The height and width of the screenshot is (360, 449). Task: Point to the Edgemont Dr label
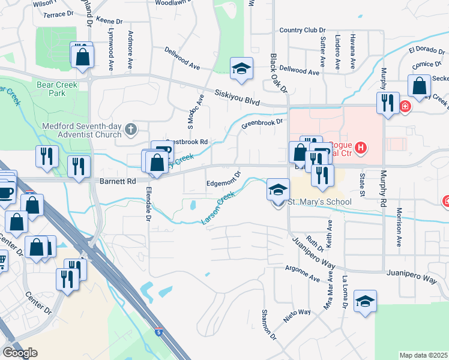(x=224, y=178)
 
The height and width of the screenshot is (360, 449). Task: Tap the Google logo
(x=21, y=352)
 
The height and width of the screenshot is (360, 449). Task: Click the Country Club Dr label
(x=302, y=30)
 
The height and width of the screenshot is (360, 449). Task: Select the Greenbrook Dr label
(x=262, y=123)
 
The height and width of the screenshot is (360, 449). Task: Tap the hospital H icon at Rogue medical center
(x=360, y=146)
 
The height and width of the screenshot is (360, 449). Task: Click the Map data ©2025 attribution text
(x=423, y=355)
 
